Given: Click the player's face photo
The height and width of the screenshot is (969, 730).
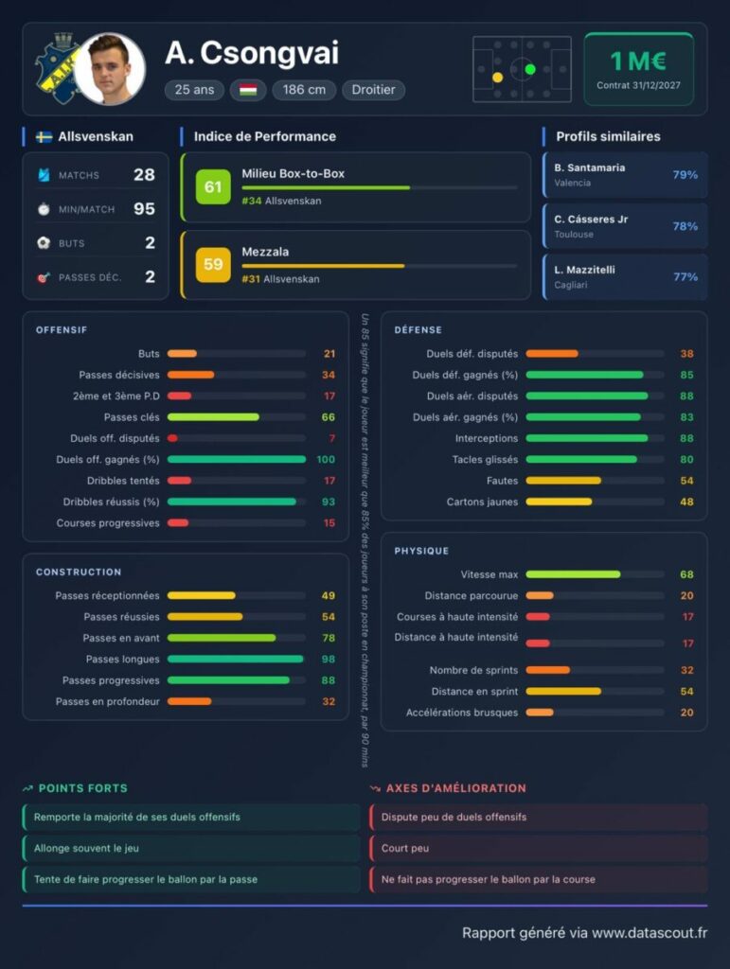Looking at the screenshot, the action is (110, 69).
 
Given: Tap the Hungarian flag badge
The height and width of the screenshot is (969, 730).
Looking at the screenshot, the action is (248, 90).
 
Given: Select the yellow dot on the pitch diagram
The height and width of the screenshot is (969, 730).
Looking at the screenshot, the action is (498, 78).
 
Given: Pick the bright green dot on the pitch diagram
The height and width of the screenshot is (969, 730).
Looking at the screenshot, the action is (529, 69).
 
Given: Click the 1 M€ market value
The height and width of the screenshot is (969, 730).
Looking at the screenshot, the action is (638, 62).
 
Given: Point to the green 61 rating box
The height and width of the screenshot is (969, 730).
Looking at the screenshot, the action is (213, 186).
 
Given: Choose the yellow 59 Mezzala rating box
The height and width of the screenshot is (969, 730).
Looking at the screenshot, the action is (213, 265).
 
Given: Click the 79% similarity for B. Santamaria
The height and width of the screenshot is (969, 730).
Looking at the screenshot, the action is (685, 175).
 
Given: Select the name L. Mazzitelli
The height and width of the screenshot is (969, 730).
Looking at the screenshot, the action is (584, 270).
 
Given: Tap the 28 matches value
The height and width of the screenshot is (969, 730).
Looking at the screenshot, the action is (144, 175).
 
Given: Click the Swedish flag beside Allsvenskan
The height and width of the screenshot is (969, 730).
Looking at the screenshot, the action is (44, 136).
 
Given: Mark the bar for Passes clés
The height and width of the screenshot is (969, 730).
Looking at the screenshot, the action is (213, 417).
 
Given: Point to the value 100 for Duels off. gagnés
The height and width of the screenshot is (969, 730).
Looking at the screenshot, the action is (326, 459).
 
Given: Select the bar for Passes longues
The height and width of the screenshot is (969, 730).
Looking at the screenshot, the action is (236, 659).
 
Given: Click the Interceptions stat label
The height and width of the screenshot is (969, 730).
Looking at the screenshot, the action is (487, 438).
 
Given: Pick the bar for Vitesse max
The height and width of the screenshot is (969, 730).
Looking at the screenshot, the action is (573, 574).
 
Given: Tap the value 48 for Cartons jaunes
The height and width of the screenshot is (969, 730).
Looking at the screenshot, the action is (686, 502).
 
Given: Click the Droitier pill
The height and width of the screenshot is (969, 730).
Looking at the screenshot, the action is (373, 90).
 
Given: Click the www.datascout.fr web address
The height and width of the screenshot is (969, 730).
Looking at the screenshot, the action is (650, 932).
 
